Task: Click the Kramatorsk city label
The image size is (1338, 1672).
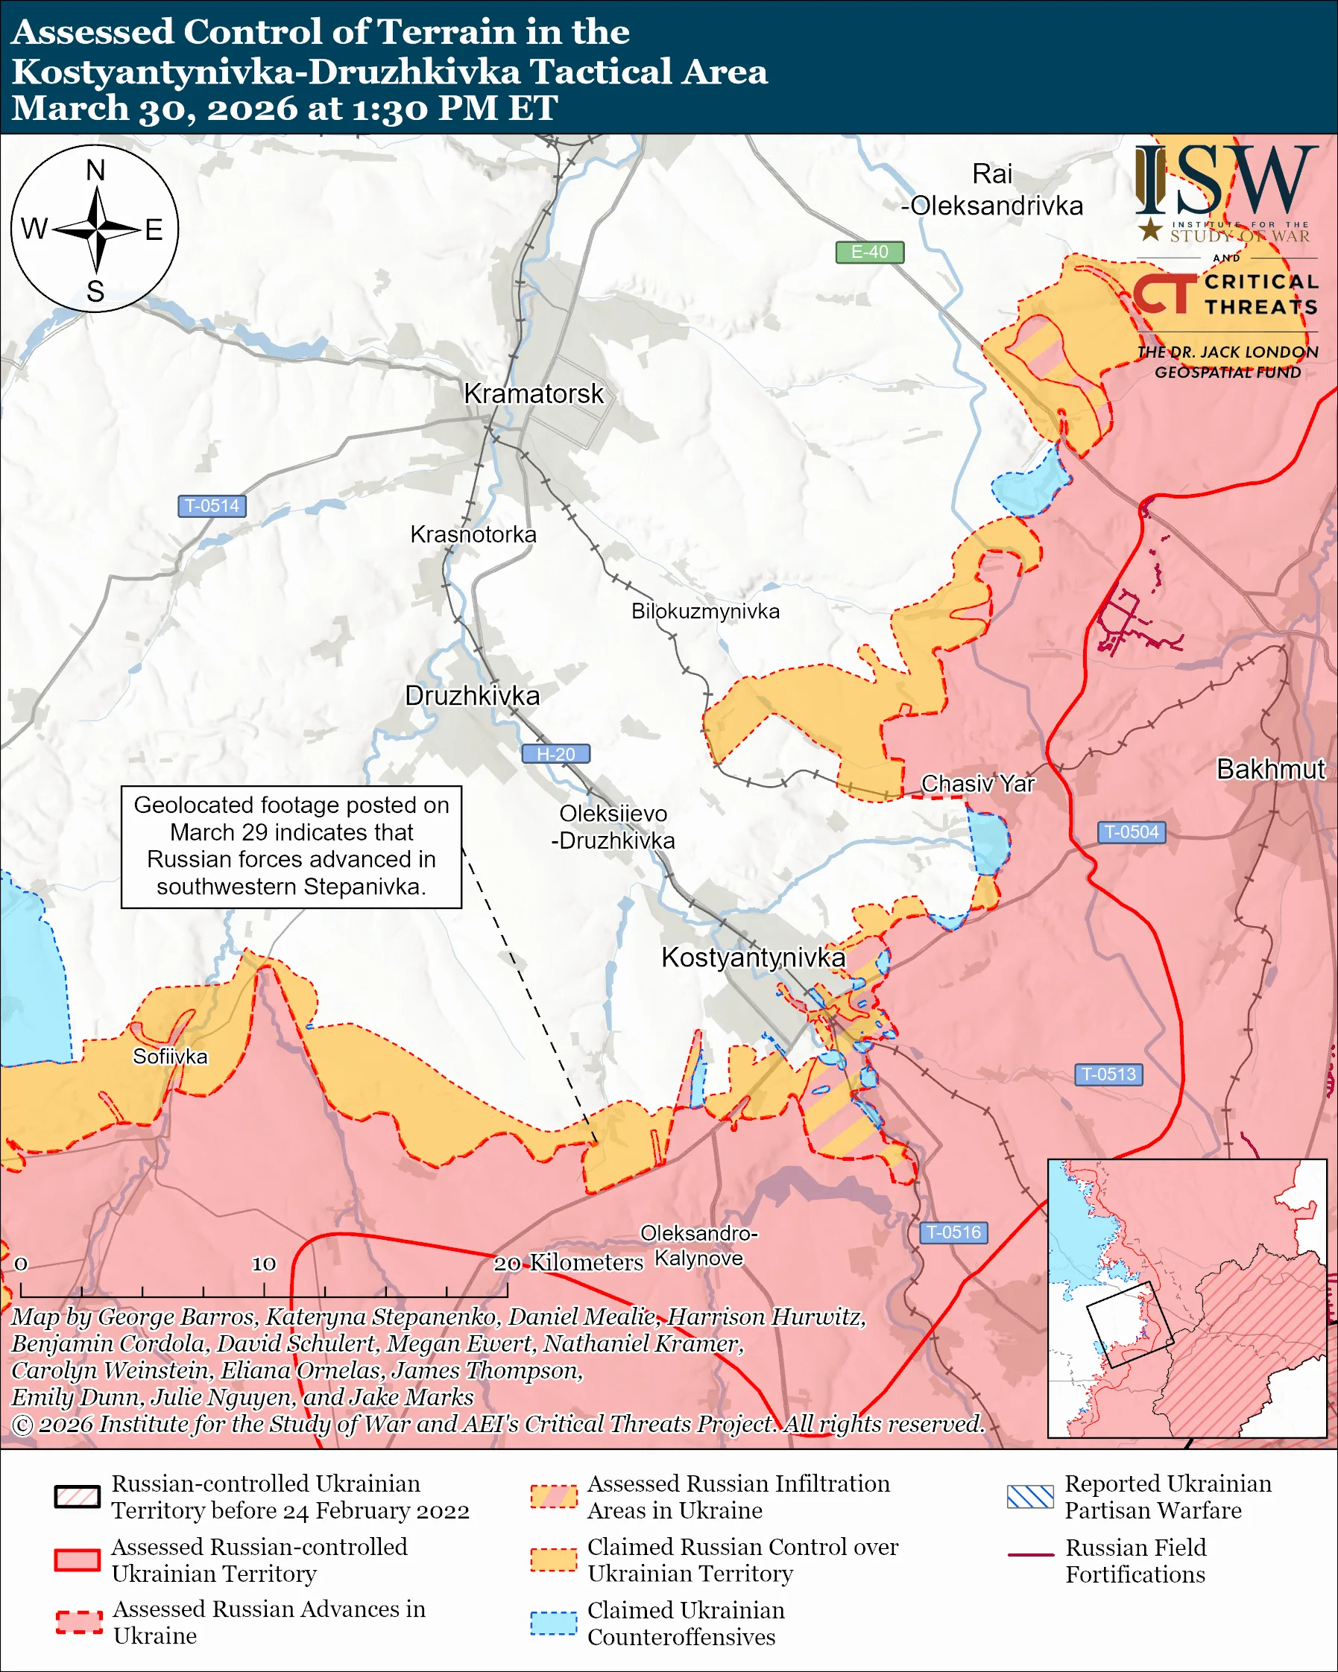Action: click(533, 394)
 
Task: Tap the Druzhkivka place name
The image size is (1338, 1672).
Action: click(472, 696)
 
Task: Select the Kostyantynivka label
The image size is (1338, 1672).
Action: click(752, 957)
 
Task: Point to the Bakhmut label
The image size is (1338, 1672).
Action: click(1269, 768)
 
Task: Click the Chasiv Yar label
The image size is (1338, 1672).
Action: click(977, 783)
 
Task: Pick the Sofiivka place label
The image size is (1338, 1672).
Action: click(170, 1057)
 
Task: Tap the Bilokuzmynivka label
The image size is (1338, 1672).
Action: click(704, 611)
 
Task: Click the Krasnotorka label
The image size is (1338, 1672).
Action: click(473, 534)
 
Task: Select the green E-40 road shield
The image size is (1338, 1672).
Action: click(868, 252)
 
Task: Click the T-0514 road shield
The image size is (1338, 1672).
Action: click(212, 506)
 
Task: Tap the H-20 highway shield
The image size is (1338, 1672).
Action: click(555, 754)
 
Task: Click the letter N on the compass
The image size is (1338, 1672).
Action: click(95, 171)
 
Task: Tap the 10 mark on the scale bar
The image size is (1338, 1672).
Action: click(264, 1263)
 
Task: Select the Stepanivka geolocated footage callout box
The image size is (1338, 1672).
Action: click(291, 846)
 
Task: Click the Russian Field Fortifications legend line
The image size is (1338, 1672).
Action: click(1030, 1555)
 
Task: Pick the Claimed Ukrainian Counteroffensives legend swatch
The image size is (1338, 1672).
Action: click(553, 1622)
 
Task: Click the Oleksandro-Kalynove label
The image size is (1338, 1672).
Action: click(698, 1246)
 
